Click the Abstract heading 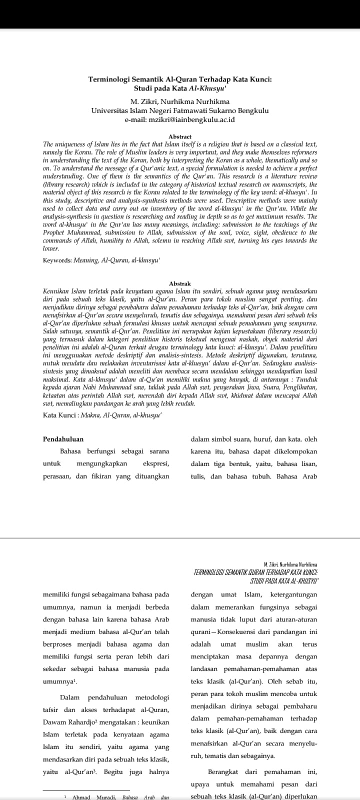[180, 136]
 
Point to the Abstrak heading [180, 283]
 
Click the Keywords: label [57, 260]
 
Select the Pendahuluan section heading [63, 439]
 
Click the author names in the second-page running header [294, 564]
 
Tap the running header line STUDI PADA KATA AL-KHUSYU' [285, 580]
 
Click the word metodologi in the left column [150, 697]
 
